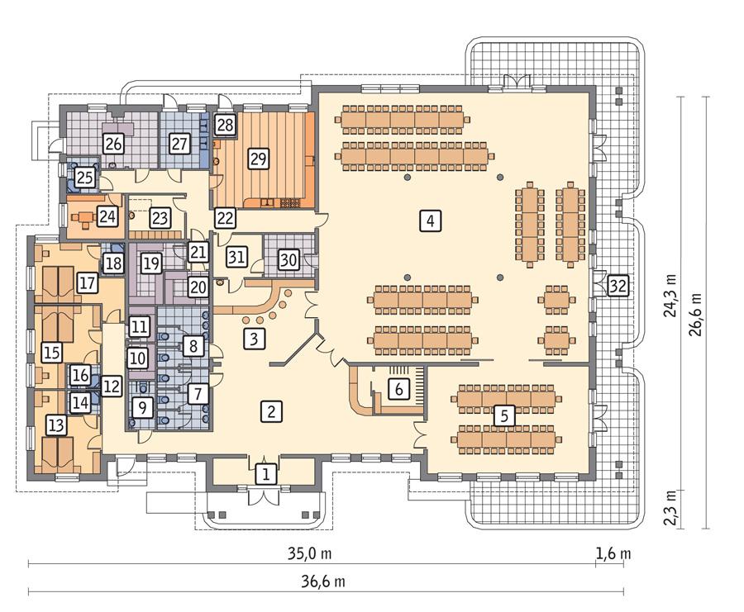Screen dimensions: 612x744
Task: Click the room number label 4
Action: tap(429, 221)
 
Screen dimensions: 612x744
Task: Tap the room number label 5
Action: tap(501, 415)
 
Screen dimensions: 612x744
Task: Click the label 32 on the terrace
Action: tap(618, 287)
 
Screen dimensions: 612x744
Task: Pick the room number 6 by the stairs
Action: tap(398, 388)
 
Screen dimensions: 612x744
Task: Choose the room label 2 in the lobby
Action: tap(267, 410)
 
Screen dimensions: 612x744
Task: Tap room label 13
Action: tap(56, 425)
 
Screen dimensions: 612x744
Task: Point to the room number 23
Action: tap(160, 219)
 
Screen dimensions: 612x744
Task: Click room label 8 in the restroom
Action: tap(193, 345)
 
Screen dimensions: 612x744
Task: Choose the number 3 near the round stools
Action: tap(255, 338)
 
